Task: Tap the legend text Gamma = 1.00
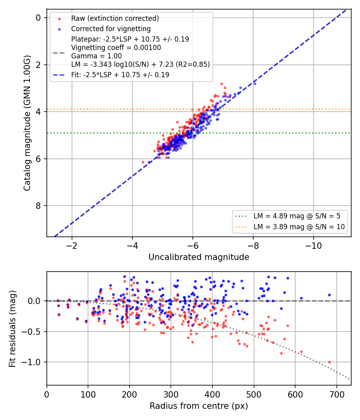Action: tap(96, 56)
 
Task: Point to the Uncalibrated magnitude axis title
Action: tap(199, 257)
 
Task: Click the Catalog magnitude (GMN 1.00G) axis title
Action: tap(27, 123)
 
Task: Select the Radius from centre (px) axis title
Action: tap(199, 406)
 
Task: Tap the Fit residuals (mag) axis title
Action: tap(12, 329)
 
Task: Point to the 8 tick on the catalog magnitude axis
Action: tap(38, 206)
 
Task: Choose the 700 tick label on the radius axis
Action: tap(337, 394)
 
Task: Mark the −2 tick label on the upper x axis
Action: tap(72, 246)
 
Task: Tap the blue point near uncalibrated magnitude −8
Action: tap(255, 84)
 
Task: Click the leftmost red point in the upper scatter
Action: tap(143, 162)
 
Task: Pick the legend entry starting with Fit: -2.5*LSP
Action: tap(120, 75)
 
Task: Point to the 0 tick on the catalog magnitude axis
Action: tap(38, 18)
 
